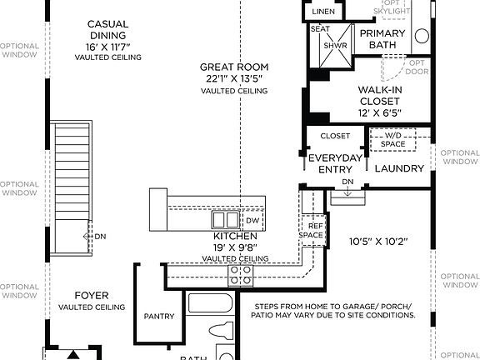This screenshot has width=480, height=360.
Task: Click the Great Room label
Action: [233, 67]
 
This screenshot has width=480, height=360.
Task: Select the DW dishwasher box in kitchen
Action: [252, 221]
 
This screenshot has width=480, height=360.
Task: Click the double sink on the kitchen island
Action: [224, 220]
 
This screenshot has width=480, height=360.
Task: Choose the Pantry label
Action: [158, 317]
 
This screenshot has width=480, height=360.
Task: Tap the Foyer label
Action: [92, 295]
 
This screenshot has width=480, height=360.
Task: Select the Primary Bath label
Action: [382, 38]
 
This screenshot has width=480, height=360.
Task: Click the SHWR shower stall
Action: [335, 46]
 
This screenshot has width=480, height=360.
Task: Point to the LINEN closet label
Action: [322, 12]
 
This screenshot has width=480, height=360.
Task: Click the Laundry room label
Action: [399, 168]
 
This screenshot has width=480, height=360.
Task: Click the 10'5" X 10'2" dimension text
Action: [377, 242]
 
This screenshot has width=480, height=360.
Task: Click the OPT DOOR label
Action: [416, 67]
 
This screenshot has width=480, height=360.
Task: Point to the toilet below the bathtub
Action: [223, 329]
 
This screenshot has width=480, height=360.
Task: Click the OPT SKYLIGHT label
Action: [390, 7]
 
